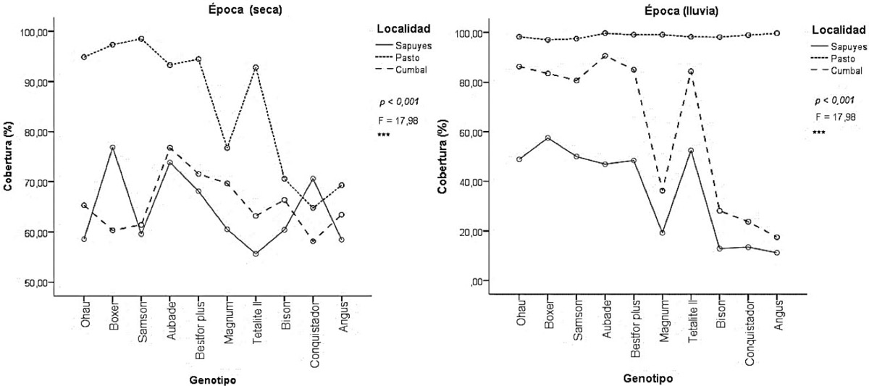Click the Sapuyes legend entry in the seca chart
[x=415, y=46]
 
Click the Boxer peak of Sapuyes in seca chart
[x=113, y=147]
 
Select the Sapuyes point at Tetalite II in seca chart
[x=256, y=253]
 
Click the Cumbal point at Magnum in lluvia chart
[x=662, y=190]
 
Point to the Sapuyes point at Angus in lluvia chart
[x=776, y=253]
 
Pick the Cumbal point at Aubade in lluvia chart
[x=605, y=56]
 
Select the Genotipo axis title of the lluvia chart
[x=647, y=379]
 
